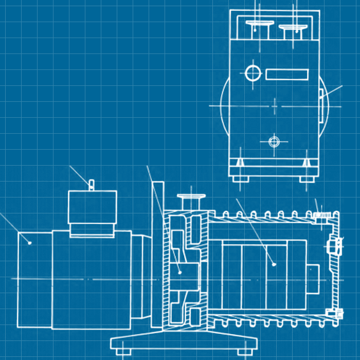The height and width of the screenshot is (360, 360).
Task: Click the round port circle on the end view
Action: tap(253, 73)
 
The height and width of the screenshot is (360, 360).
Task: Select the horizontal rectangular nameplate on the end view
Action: tap(287, 74)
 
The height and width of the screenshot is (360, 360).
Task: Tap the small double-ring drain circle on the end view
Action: tap(274, 140)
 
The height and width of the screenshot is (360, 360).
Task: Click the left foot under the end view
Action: tap(240, 179)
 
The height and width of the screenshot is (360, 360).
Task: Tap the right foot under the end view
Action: tap(307, 179)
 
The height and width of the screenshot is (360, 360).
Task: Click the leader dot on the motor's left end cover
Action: tap(30, 242)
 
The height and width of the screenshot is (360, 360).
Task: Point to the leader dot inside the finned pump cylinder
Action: tap(274, 264)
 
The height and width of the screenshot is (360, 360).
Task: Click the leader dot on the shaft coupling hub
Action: tap(179, 272)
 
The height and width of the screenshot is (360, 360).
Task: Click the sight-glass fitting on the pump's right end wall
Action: tap(334, 246)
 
